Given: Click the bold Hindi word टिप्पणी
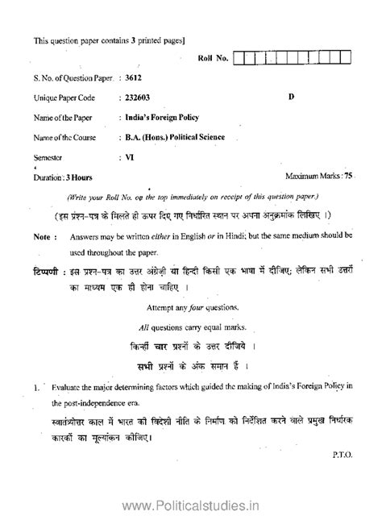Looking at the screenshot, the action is (44, 267).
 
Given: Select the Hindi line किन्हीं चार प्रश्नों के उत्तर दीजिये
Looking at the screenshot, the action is (191, 347).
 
